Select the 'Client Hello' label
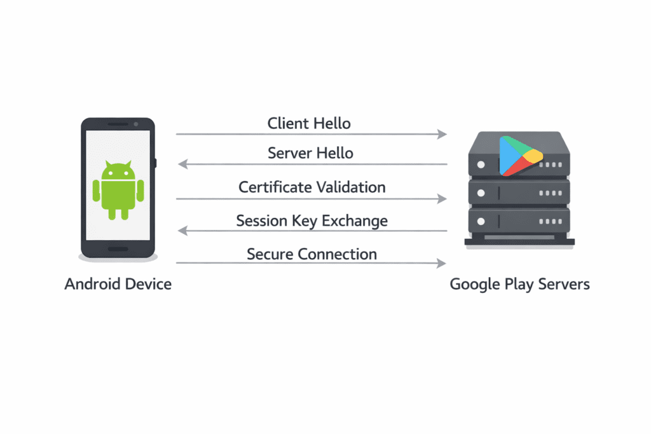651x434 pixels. tap(309, 123)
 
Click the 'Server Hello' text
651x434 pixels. tap(310, 153)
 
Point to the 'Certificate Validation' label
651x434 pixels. tap(312, 187)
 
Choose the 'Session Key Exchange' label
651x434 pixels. tap(312, 220)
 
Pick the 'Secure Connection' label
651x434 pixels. tap(312, 254)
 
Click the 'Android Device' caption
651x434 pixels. tap(118, 283)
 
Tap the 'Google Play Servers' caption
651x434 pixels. tap(519, 283)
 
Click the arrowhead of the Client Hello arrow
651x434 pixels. tap(442, 134)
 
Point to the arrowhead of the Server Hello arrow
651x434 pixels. tap(182, 164)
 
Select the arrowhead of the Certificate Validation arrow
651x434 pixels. tap(442, 199)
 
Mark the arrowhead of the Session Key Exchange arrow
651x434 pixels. tap(182, 231)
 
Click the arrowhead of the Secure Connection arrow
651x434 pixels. tap(442, 263)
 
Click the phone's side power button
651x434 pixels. tap(156, 163)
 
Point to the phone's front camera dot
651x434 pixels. tap(135, 125)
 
